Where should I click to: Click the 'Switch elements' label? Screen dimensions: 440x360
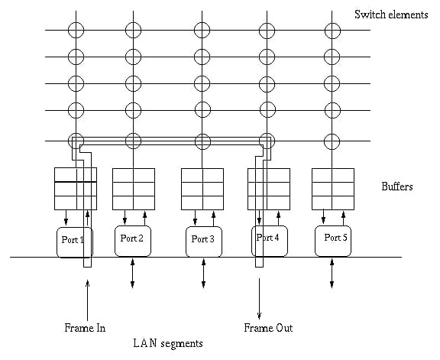[391, 15]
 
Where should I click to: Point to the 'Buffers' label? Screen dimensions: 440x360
[397, 186]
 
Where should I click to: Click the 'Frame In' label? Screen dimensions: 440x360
[85, 328]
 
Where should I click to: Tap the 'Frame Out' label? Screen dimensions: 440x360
[268, 328]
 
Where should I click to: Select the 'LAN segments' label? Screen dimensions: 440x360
[168, 343]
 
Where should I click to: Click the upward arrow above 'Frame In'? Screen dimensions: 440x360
[87, 300]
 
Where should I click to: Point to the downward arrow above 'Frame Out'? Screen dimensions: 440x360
[259, 299]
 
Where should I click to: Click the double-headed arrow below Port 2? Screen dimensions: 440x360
[132, 273]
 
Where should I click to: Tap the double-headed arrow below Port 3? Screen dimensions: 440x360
[203, 273]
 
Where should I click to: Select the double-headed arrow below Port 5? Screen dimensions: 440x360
[332, 273]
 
